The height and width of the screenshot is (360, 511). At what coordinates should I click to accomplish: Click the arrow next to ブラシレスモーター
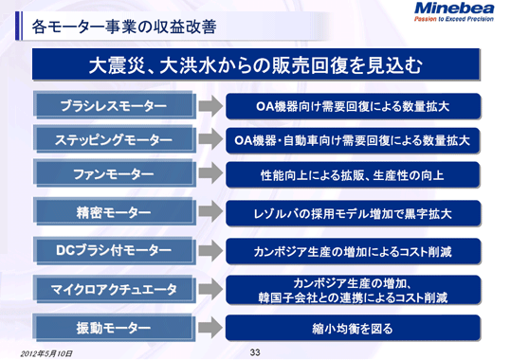(209, 104)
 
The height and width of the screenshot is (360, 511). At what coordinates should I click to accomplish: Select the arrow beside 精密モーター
(209, 214)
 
